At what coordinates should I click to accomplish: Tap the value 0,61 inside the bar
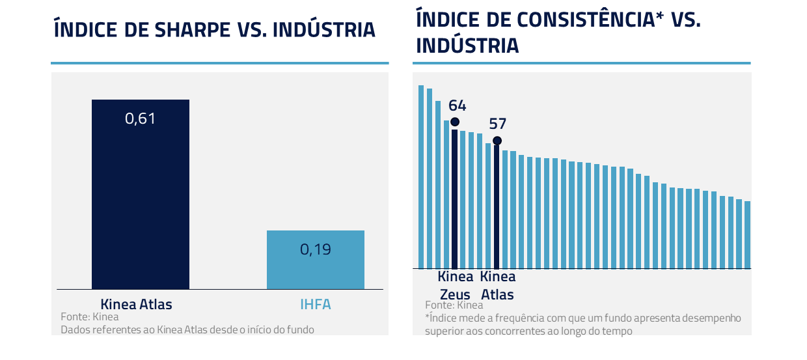(140, 118)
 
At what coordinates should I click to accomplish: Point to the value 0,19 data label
(315, 249)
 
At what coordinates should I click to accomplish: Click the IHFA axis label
(315, 304)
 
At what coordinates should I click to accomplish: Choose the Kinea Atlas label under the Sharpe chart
(136, 304)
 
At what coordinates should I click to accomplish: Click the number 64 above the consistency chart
(457, 105)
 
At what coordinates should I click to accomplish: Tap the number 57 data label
(497, 124)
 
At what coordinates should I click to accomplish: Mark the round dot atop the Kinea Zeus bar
(455, 122)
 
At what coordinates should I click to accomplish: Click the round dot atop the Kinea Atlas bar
(497, 141)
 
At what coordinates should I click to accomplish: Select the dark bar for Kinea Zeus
(455, 199)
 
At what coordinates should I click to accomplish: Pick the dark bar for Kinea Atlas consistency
(497, 208)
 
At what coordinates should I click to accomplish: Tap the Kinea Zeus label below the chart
(455, 285)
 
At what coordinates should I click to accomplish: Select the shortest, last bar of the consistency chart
(747, 235)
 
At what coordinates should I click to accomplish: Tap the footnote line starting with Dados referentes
(187, 329)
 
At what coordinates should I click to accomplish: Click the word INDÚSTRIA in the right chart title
(467, 46)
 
